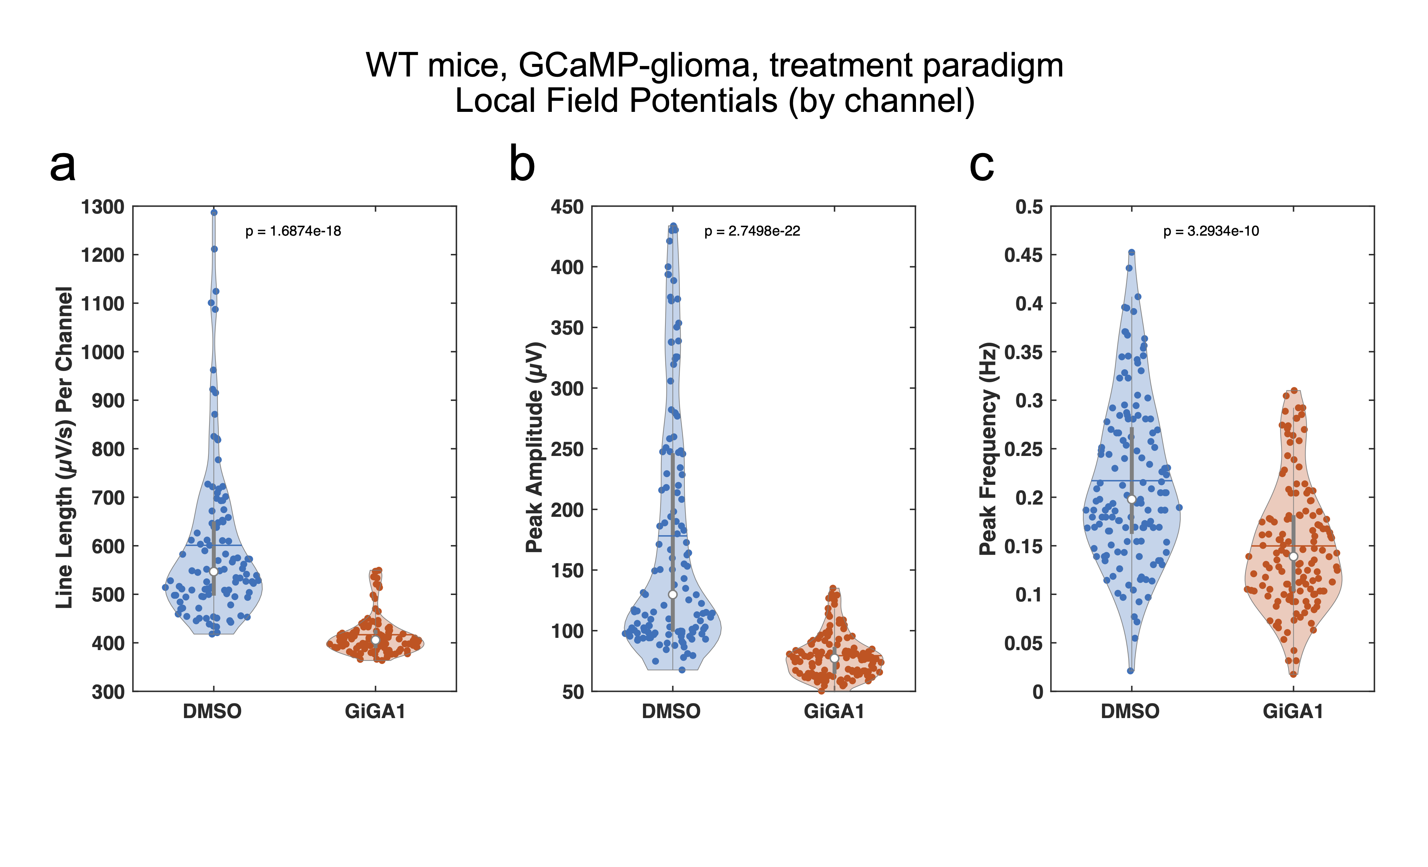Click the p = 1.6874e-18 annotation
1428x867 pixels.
point(293,231)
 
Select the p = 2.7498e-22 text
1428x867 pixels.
point(752,231)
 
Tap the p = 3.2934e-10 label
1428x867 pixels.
point(1211,231)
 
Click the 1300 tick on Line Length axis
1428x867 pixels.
point(103,207)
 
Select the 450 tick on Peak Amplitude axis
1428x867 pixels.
point(567,207)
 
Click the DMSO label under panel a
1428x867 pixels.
point(212,711)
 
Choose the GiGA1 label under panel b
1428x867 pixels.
point(834,711)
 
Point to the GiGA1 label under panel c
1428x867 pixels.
point(1293,711)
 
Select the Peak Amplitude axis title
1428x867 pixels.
point(534,447)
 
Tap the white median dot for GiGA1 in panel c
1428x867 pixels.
point(1293,556)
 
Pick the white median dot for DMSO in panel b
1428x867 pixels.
point(673,595)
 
